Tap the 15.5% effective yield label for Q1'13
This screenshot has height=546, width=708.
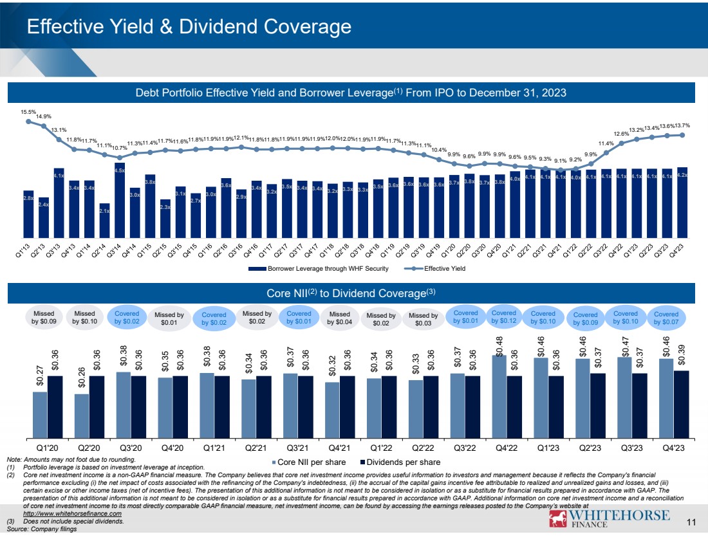[28, 112]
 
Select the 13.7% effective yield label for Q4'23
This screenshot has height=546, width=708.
[682, 125]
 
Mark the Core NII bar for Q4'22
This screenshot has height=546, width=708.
[499, 392]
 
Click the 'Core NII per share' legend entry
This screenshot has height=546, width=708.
[312, 462]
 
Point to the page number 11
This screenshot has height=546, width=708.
[692, 522]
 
